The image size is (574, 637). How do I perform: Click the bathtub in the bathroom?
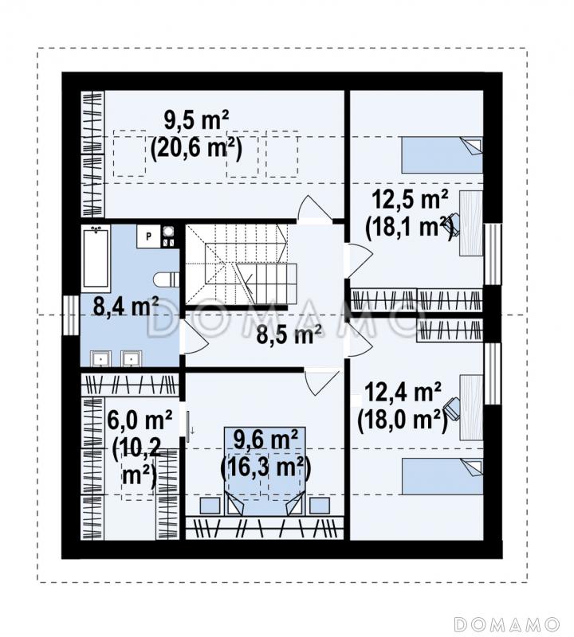pyautogui.click(x=96, y=258)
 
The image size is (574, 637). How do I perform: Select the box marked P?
pyautogui.click(x=148, y=236)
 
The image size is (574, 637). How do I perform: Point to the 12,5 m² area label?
pyautogui.click(x=410, y=200)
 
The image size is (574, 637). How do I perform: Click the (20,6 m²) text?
pyautogui.click(x=196, y=148)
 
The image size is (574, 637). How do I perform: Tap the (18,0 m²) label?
pyautogui.click(x=403, y=420)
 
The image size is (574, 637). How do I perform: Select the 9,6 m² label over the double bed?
pyautogui.click(x=265, y=440)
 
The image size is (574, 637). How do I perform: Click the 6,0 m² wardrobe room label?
pyautogui.click(x=140, y=420)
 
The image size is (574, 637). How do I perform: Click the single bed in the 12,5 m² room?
pyautogui.click(x=442, y=154)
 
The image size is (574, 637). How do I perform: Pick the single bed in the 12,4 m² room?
pyautogui.click(x=442, y=476)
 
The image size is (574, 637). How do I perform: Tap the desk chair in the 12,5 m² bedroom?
pyautogui.click(x=453, y=225)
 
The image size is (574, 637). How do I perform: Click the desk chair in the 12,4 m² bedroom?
pyautogui.click(x=452, y=407)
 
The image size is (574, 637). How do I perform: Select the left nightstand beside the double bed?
pyautogui.click(x=210, y=506)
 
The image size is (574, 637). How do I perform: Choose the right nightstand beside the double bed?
pyautogui.click(x=320, y=506)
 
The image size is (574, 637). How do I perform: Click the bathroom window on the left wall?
pyautogui.click(x=71, y=315)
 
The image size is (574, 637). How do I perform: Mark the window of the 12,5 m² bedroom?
pyautogui.click(x=492, y=254)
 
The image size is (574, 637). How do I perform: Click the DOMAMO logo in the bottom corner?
pyautogui.click(x=507, y=623)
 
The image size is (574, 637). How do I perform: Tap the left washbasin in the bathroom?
pyautogui.click(x=100, y=359)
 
